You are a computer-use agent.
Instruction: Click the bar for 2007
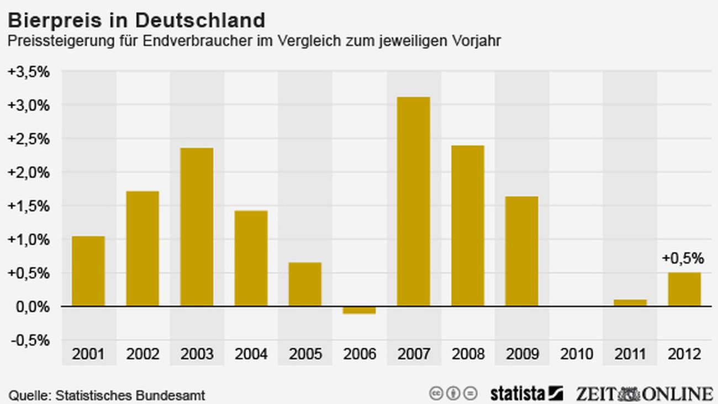pyautogui.click(x=413, y=202)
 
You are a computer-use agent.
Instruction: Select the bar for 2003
pyautogui.click(x=197, y=227)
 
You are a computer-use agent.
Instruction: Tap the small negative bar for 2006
pyautogui.click(x=359, y=310)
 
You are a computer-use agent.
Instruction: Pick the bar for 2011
pyautogui.click(x=630, y=302)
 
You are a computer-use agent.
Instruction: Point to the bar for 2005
pyautogui.click(x=305, y=284)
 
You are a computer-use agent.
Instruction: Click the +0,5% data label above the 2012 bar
pyautogui.click(x=683, y=258)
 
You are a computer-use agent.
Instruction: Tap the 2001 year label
pyautogui.click(x=88, y=354)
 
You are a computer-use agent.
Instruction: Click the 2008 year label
pyautogui.click(x=467, y=354)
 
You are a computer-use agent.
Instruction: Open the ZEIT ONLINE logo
pyautogui.click(x=644, y=393)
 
